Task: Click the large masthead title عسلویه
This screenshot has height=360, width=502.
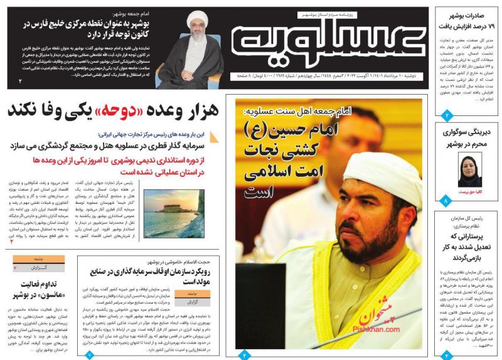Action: coord(326,41)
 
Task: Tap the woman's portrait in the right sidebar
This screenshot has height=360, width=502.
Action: coord(469,167)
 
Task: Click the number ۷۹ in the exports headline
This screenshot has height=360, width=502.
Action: coord(488,26)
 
